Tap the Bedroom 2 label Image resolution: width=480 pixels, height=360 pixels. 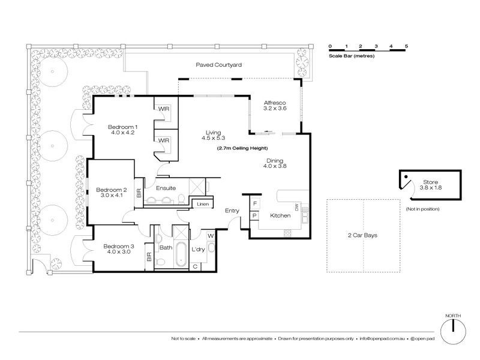[x=111, y=191]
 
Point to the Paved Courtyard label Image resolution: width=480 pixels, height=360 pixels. [x=219, y=64]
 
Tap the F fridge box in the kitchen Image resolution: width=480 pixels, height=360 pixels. [x=254, y=205]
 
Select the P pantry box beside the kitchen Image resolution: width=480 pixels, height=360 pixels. [x=254, y=215]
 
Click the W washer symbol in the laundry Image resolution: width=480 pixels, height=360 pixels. [x=211, y=236]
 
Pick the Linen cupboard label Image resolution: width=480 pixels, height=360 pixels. [x=202, y=205]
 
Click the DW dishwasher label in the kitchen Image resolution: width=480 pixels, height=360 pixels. [x=296, y=208]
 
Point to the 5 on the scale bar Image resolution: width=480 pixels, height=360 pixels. [x=406, y=46]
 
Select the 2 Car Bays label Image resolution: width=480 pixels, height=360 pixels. [x=363, y=236]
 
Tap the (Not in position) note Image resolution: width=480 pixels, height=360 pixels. [x=422, y=209]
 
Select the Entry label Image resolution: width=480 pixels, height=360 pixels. [x=232, y=211]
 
